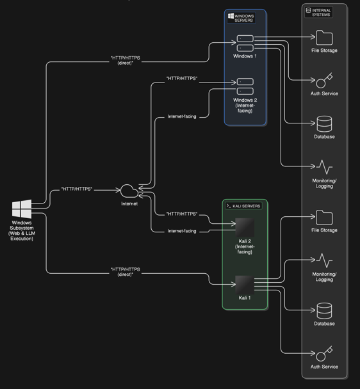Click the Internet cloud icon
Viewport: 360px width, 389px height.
(129, 191)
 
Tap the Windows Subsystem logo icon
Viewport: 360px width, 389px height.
(22, 209)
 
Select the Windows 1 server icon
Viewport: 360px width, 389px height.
(245, 43)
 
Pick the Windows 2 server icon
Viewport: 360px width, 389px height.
(245, 86)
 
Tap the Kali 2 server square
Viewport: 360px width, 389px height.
(245, 228)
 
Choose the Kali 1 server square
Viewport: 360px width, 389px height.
(245, 285)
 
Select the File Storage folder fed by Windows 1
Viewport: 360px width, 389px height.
(324, 38)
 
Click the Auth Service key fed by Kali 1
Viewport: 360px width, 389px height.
(324, 353)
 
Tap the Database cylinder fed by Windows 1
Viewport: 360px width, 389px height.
(324, 123)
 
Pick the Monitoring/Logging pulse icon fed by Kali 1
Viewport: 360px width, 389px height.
(324, 260)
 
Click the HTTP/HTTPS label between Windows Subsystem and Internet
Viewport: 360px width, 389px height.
(77, 189)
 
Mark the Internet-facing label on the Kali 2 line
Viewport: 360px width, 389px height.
(182, 231)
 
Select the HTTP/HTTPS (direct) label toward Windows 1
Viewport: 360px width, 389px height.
(125, 60)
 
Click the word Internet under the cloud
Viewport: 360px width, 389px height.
(129, 203)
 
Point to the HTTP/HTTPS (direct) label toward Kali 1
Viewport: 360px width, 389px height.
(125, 272)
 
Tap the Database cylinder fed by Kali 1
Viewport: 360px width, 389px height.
(324, 310)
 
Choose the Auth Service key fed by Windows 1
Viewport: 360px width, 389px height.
(324, 80)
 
